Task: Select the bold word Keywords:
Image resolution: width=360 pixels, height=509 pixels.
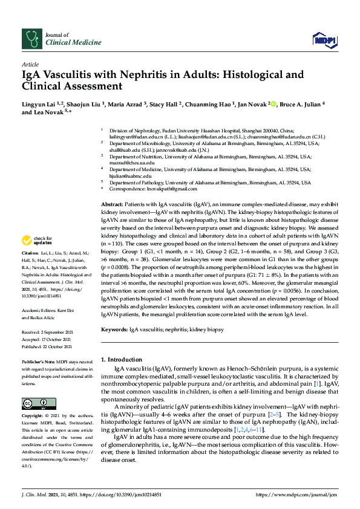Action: tap(114, 329)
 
